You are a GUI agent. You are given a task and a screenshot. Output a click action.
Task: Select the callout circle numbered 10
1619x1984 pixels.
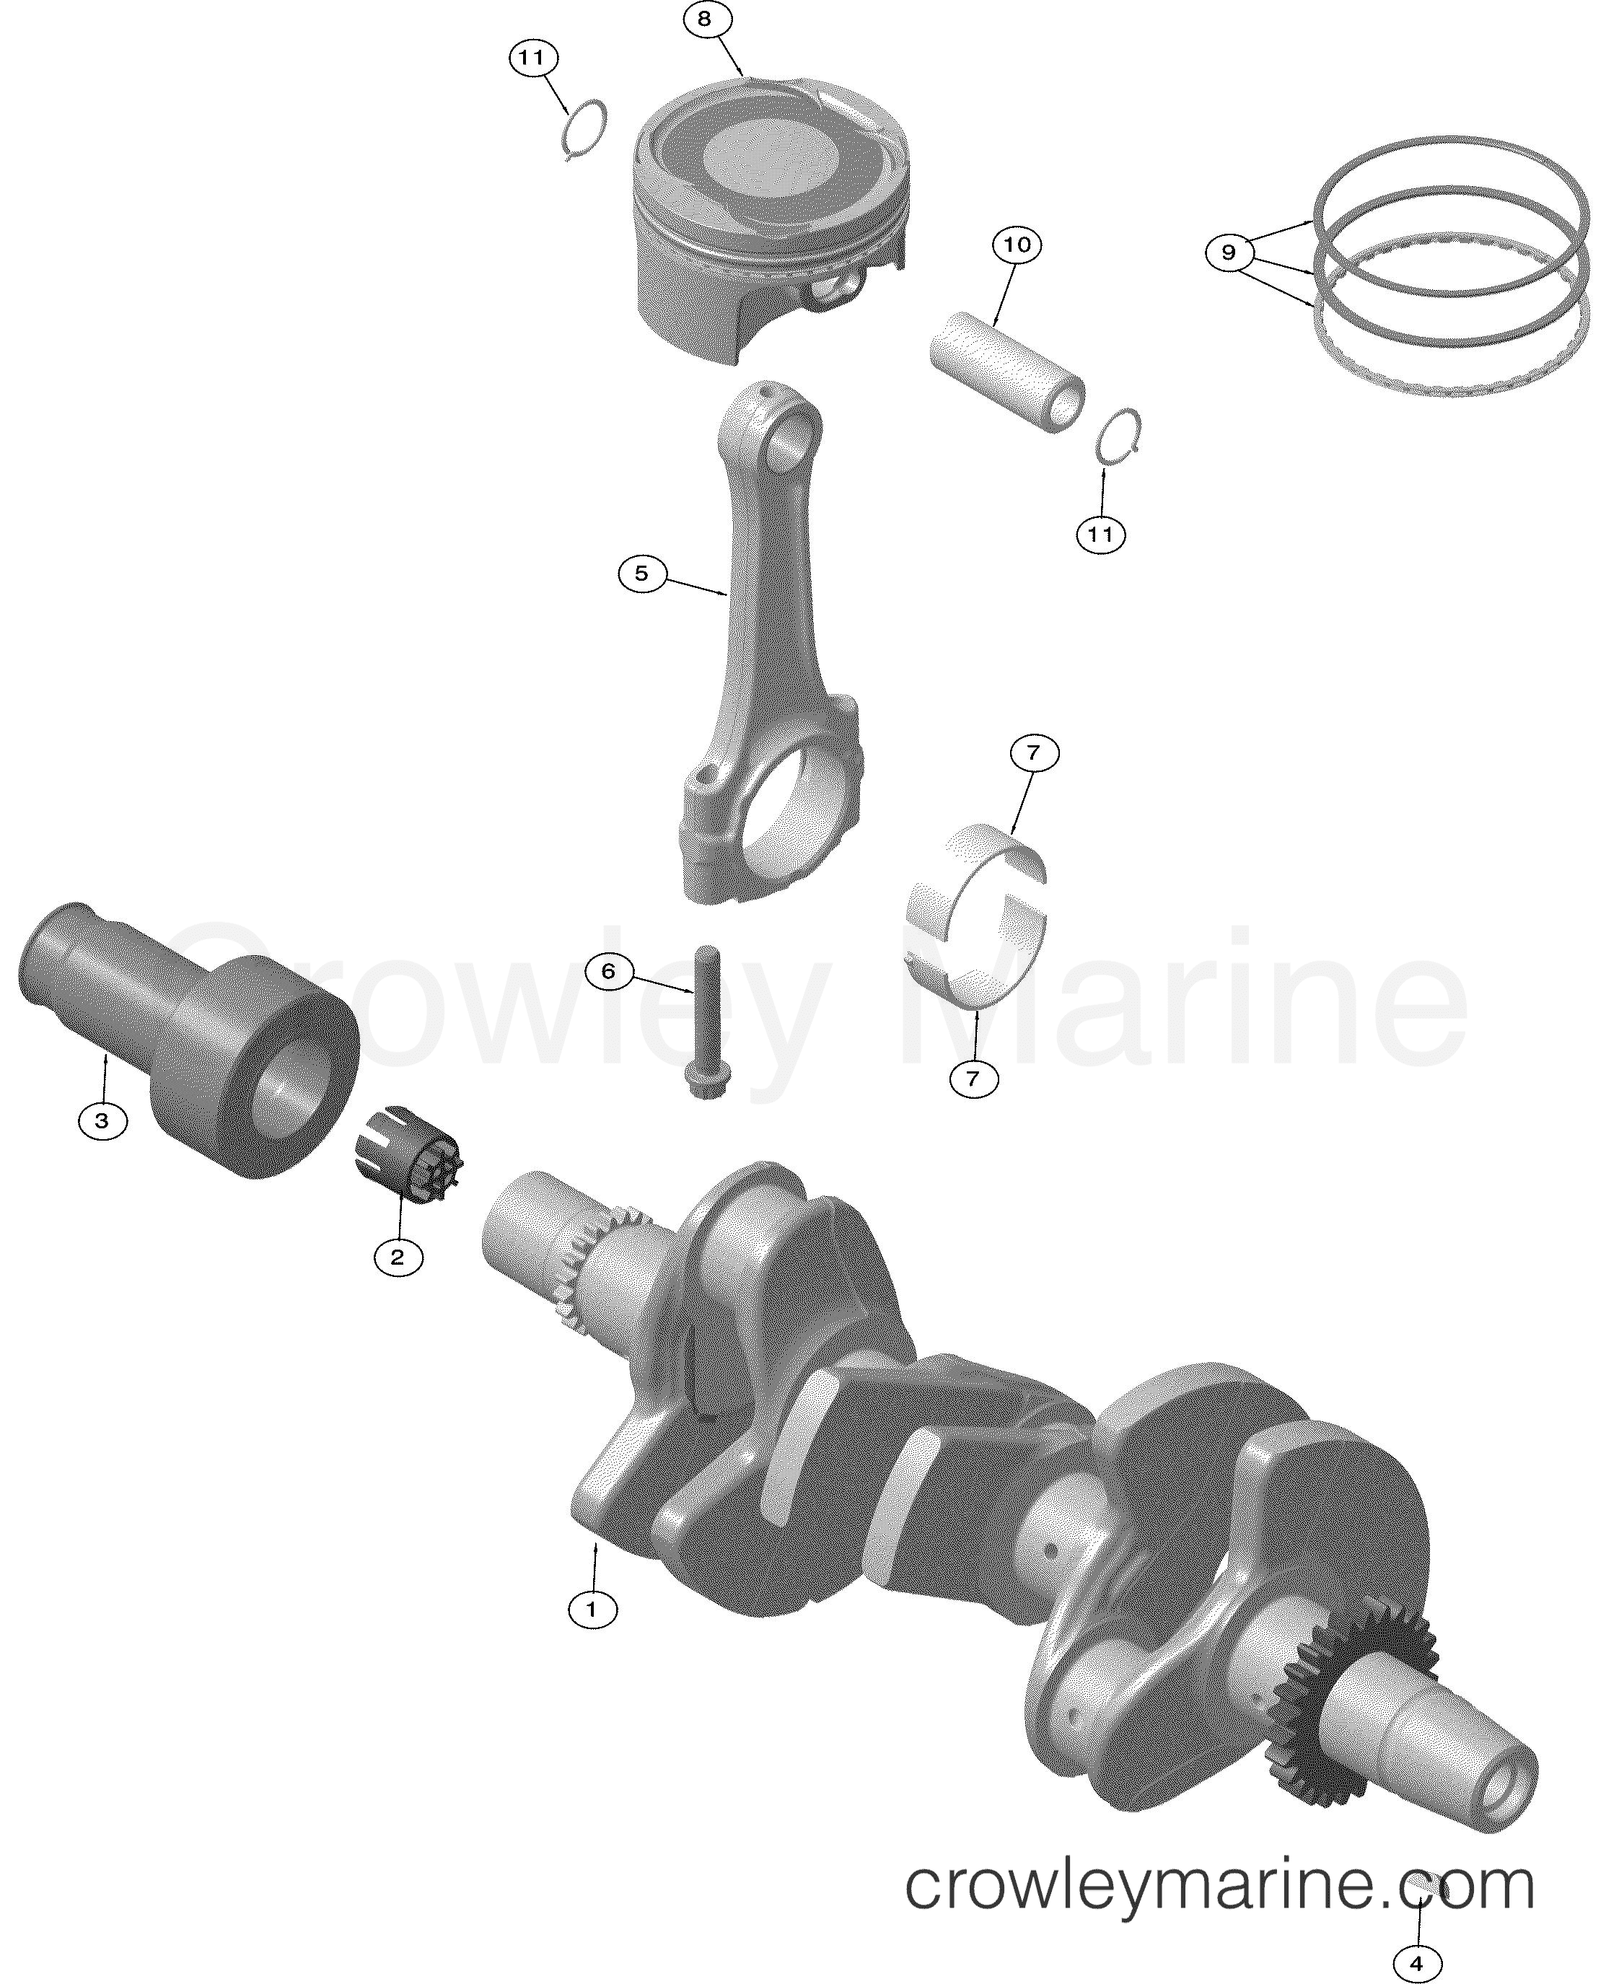1017,245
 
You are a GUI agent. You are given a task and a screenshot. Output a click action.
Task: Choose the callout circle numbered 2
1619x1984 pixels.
398,1257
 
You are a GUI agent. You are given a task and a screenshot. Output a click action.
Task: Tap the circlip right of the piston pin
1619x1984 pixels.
1119,434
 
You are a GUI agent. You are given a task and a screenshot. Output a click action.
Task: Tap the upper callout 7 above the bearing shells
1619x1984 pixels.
1032,754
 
